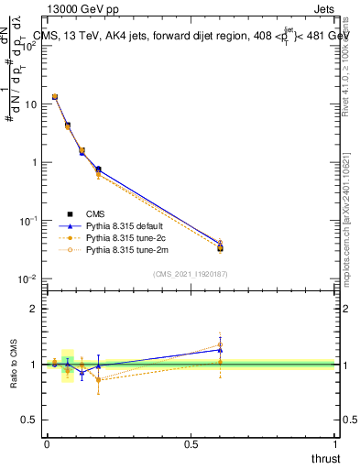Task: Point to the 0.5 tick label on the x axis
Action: click(191, 444)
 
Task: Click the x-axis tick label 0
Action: click(47, 444)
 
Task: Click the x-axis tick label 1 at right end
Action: click(335, 444)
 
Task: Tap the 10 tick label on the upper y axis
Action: click(30, 104)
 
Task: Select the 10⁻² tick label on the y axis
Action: click(27, 278)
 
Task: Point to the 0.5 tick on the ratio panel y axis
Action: click(30, 420)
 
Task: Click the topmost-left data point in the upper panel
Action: click(55, 96)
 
